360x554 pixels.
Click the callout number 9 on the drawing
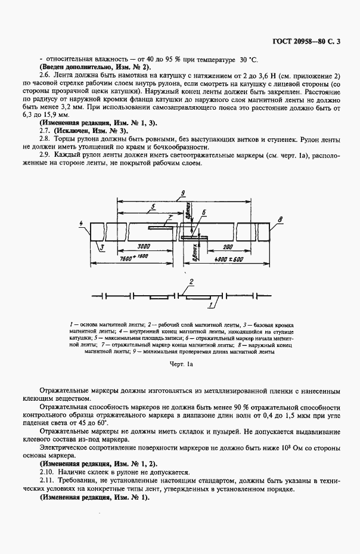[x=184, y=192]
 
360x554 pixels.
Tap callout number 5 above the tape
[x=153, y=207]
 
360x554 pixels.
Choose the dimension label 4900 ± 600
[x=231, y=260]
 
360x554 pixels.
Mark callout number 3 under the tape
[x=102, y=246]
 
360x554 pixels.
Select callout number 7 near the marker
[x=169, y=218]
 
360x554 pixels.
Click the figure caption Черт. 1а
[x=179, y=361]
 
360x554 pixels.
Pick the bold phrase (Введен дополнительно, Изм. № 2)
[x=94, y=68]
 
